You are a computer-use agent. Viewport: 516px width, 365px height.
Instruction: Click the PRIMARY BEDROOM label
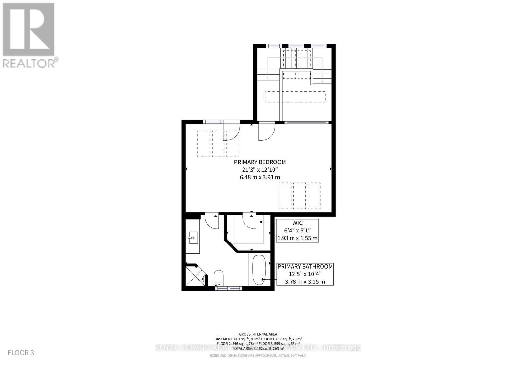click(x=260, y=162)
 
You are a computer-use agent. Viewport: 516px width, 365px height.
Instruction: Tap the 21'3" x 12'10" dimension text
click(x=260, y=170)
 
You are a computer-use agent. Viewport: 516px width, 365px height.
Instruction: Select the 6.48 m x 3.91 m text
click(x=260, y=177)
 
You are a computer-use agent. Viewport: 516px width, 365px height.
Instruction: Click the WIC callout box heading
click(x=297, y=223)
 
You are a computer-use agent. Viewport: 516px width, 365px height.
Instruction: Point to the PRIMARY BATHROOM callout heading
click(x=305, y=266)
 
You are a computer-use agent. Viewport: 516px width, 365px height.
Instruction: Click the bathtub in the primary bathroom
click(x=259, y=270)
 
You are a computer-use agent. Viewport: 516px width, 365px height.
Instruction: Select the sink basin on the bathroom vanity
click(x=193, y=238)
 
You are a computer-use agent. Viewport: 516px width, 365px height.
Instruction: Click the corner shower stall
click(x=194, y=276)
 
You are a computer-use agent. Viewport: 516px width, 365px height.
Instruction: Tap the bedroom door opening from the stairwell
click(x=266, y=132)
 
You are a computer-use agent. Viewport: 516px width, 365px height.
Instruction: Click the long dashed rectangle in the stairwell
click(x=295, y=97)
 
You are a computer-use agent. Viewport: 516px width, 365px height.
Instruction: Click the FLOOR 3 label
click(x=21, y=352)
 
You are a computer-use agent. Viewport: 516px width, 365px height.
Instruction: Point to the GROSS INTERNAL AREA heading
click(x=258, y=334)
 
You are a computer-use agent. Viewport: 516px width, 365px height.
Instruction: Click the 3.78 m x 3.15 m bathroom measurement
click(x=305, y=281)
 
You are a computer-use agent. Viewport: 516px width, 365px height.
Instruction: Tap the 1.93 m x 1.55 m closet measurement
click(x=297, y=238)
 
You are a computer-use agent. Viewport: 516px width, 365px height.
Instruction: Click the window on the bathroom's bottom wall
click(x=228, y=288)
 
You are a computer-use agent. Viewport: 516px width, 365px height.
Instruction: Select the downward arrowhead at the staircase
click(x=322, y=82)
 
